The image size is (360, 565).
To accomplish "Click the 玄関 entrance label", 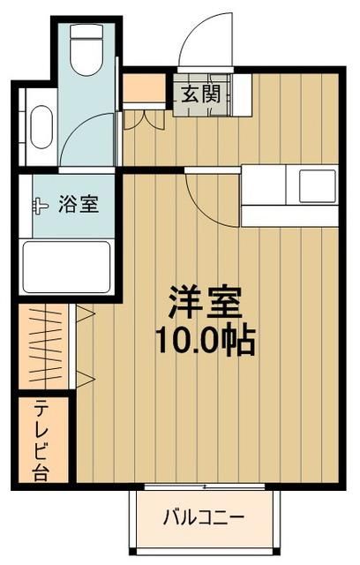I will point(201,93).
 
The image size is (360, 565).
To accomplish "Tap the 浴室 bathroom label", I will point(77,204).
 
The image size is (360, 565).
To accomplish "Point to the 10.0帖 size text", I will point(206,340).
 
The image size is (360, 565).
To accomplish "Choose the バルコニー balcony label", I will point(202,517).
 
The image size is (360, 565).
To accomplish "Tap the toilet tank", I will point(86,34).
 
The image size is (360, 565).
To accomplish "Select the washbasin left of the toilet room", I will point(40,128).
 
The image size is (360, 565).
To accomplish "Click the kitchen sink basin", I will point(315,186).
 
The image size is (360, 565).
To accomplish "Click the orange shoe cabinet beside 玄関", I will point(144,89).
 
